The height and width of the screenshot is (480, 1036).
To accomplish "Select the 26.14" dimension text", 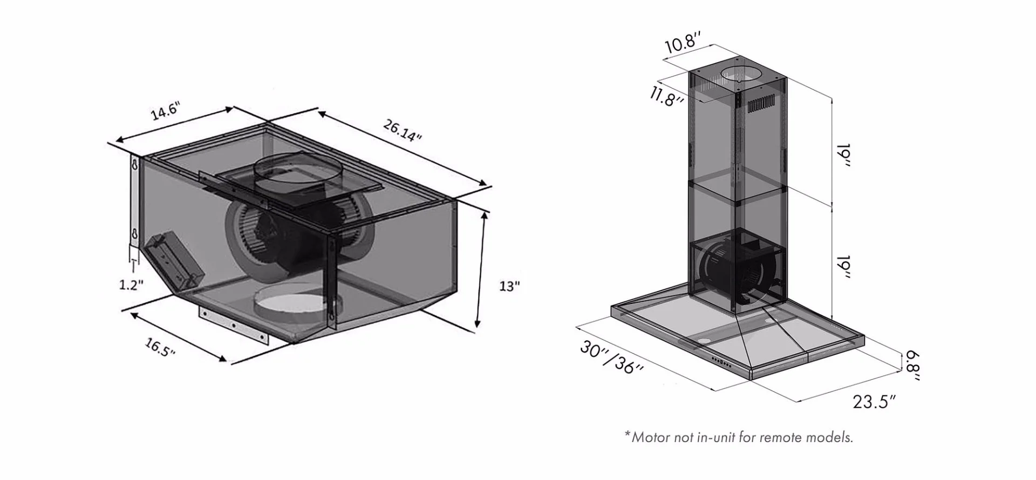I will (402, 130).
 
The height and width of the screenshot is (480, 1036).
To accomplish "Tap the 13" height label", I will (509, 286).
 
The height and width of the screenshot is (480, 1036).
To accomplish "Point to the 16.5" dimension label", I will (160, 347).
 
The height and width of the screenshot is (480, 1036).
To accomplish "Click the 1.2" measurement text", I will (131, 285).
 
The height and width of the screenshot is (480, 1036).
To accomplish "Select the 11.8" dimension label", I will (667, 97).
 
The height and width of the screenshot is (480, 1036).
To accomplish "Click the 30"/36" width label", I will (611, 356).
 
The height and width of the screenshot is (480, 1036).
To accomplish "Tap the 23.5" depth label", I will (874, 402).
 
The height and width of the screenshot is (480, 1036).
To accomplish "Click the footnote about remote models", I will (739, 437).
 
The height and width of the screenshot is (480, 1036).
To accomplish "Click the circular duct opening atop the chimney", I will (739, 74).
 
